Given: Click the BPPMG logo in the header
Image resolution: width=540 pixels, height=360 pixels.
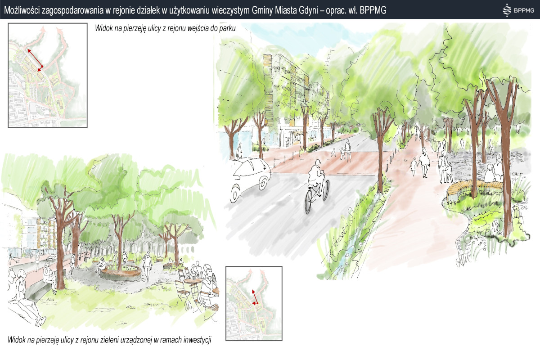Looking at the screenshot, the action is (518, 10).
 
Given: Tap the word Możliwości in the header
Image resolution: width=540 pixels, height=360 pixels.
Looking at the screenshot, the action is (21, 10).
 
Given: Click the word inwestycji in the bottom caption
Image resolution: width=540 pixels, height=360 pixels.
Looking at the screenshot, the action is (197, 340).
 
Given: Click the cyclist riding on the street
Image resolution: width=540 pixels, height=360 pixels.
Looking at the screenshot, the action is (316, 186).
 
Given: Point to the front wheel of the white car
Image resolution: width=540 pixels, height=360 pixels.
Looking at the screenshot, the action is (235, 193).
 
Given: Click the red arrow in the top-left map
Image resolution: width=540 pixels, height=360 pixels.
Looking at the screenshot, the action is (35, 60).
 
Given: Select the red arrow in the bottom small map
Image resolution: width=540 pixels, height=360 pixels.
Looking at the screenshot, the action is (255, 297).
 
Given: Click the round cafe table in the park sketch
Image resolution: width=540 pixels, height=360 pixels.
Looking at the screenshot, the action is (193, 281).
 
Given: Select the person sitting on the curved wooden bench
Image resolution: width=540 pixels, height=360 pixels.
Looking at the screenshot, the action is (490, 173).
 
